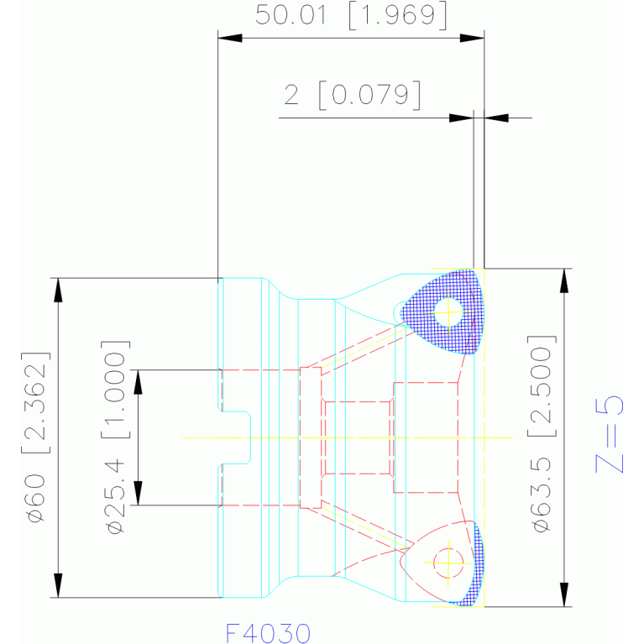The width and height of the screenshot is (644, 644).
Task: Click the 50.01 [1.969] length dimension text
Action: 351,16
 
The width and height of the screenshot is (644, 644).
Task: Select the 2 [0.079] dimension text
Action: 353,95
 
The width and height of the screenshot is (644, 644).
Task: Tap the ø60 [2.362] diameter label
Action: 36,437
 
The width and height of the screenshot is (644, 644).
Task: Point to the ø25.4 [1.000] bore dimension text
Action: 116,437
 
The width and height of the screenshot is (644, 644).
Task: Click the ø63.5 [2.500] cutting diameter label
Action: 542,434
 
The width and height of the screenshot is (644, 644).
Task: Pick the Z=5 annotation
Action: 610,434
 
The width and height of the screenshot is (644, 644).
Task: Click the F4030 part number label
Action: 268,633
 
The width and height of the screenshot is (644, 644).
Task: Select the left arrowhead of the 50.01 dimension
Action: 230,38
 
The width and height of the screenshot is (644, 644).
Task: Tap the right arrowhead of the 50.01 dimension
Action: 472,38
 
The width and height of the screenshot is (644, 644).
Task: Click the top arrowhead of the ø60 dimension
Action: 58,291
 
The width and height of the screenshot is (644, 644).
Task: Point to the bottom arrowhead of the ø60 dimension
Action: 58,585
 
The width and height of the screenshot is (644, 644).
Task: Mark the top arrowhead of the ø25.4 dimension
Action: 138,382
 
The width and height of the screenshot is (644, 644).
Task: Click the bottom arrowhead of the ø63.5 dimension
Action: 565,594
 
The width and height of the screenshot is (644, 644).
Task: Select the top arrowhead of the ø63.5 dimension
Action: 565,281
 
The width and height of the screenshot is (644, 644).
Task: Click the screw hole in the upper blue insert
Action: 449,312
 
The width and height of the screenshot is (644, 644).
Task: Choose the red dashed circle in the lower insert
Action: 448,563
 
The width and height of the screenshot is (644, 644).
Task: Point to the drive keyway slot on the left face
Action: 236,437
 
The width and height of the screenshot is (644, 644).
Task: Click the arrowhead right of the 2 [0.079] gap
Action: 496,118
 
